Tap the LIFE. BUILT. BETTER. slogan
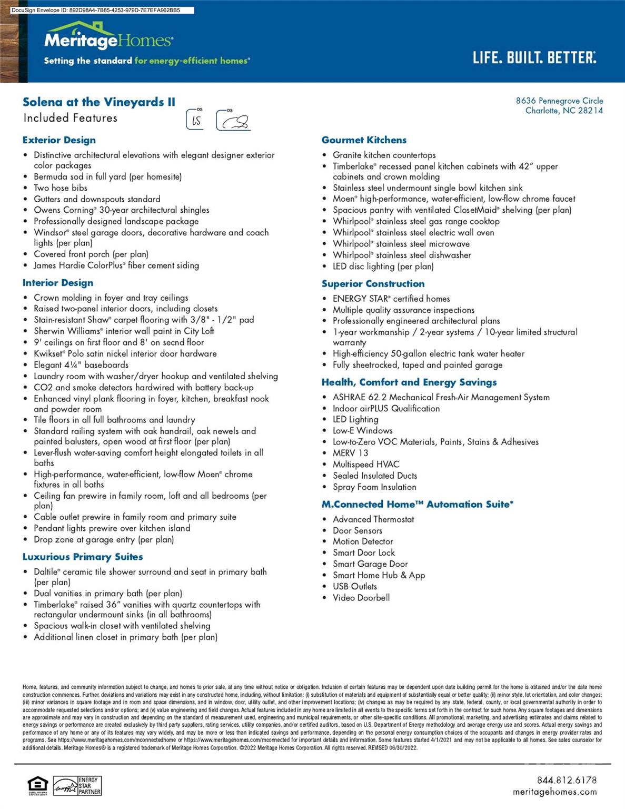(x=534, y=57)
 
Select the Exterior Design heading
(x=59, y=140)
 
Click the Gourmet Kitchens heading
(x=364, y=140)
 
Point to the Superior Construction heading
(x=373, y=284)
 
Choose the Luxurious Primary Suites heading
(x=83, y=557)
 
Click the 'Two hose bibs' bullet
(x=61, y=188)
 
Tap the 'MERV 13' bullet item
(x=350, y=453)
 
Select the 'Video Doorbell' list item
(x=361, y=598)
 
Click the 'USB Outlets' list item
(x=354, y=587)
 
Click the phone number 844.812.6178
(x=567, y=780)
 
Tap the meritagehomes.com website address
(x=554, y=792)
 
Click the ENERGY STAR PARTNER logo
(x=77, y=785)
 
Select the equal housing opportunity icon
(x=38, y=785)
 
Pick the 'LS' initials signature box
(x=195, y=120)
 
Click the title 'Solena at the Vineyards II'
(x=99, y=102)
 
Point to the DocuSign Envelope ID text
(x=95, y=10)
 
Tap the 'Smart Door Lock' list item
(x=363, y=553)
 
